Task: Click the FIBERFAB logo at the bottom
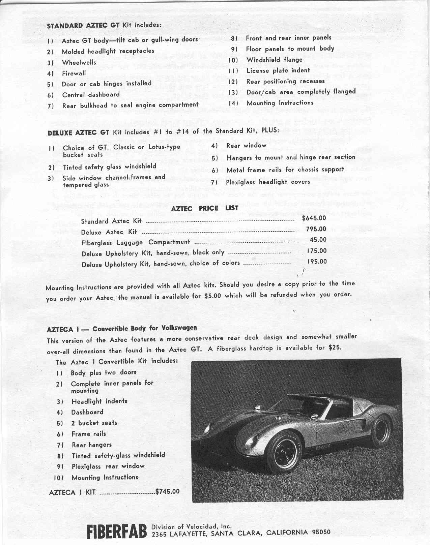[x=117, y=532]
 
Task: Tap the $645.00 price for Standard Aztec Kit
[x=314, y=218]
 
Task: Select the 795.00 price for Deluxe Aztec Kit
[x=316, y=229]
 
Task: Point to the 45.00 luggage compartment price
[x=318, y=240]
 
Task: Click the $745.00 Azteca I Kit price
[x=167, y=491]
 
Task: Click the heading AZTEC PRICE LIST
[x=204, y=208]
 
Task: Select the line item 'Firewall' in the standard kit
[x=74, y=73]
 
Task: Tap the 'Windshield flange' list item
[x=274, y=60]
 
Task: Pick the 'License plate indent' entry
[x=278, y=70]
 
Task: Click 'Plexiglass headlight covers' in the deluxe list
[x=268, y=182]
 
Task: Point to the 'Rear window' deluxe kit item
[x=246, y=146]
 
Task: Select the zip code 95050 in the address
[x=321, y=533]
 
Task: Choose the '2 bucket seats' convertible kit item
[x=94, y=423]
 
